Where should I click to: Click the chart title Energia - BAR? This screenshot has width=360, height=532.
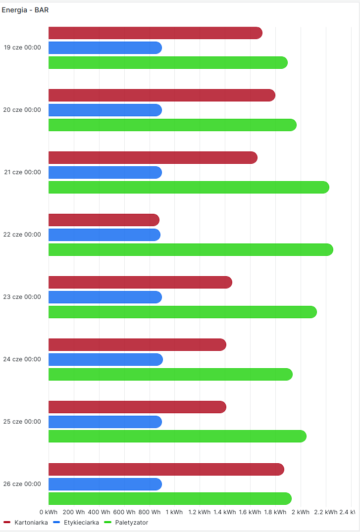[25, 10]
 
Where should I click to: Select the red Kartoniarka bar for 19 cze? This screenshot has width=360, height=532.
[155, 33]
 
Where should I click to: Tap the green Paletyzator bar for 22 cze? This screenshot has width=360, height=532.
[191, 250]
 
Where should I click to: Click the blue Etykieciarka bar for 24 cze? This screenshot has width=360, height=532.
[105, 360]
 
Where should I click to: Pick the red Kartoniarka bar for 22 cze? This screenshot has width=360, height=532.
[103, 220]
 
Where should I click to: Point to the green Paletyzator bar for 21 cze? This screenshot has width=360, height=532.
[189, 188]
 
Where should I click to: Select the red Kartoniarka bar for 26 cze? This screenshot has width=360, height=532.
[166, 469]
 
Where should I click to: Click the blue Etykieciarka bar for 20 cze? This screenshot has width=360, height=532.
[105, 110]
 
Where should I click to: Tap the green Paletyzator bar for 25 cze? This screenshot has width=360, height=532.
[177, 436]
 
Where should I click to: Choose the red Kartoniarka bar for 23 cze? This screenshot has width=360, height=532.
[140, 282]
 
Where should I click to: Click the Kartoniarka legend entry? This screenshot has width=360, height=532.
[31, 522]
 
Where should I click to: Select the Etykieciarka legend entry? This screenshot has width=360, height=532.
[81, 522]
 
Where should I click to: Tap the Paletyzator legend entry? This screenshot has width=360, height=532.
[131, 522]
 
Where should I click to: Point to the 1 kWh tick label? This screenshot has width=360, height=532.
[174, 512]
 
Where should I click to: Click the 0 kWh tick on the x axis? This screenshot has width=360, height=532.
[49, 512]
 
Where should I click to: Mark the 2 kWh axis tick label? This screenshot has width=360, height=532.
[301, 512]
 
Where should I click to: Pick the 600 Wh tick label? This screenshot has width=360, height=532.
[124, 512]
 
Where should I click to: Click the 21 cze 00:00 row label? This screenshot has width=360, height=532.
[22, 172]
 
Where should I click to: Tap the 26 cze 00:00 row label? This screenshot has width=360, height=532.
[22, 484]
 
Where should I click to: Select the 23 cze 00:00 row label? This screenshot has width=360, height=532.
[22, 297]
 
